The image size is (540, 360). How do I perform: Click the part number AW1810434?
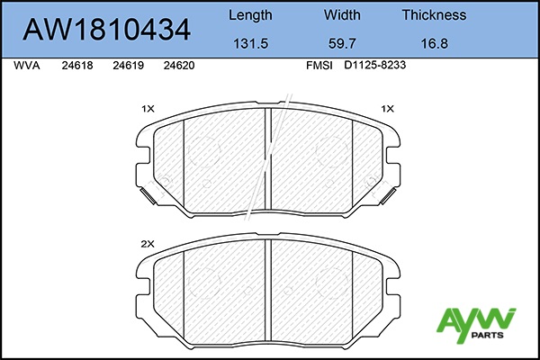106,30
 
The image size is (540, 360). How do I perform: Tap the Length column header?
250,15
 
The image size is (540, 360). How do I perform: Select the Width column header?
342,14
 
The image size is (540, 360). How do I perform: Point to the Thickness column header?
435,14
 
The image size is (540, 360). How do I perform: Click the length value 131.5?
251,43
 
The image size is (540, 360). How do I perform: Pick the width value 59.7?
342,43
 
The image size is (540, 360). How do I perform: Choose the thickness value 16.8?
435,43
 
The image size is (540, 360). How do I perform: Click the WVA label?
26,66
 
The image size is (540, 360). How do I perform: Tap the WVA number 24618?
77,66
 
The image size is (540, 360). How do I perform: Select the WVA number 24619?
128,66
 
